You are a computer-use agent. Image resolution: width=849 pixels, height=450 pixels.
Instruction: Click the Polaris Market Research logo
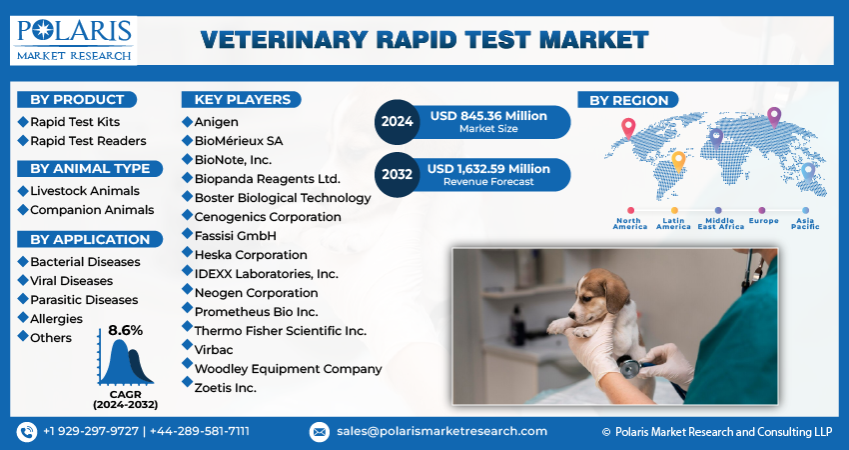click(x=74, y=40)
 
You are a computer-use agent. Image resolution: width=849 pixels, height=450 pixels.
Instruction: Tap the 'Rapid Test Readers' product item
click(x=88, y=141)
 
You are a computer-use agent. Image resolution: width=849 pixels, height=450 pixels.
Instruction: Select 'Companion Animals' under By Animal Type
click(x=92, y=210)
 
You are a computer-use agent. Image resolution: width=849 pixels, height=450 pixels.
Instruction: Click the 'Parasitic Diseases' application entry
click(x=84, y=300)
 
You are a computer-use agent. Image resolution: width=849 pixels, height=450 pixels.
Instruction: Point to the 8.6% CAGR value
click(x=125, y=331)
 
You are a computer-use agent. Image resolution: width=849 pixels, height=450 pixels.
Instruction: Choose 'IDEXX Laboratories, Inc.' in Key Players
click(x=267, y=274)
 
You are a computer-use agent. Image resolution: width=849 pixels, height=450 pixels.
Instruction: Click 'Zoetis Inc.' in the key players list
click(x=226, y=388)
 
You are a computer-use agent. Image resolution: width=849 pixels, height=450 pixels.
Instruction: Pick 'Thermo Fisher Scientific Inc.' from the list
click(x=281, y=331)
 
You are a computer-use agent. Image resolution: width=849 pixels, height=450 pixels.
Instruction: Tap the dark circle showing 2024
click(x=397, y=122)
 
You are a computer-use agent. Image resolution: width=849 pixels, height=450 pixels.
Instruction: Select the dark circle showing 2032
click(x=397, y=175)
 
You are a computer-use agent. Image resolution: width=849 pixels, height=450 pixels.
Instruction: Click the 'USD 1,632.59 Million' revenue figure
click(x=488, y=169)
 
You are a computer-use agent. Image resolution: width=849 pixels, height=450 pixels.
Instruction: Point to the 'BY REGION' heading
click(x=628, y=100)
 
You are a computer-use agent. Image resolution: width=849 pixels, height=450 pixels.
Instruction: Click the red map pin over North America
click(x=628, y=127)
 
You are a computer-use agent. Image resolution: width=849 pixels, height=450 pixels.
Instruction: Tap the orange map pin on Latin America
click(x=678, y=161)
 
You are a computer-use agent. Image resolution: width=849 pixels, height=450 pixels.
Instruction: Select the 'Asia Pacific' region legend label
click(x=805, y=223)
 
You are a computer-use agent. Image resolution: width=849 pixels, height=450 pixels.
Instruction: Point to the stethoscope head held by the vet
click(x=629, y=367)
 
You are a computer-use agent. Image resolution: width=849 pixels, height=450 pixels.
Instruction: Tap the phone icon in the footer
click(x=27, y=432)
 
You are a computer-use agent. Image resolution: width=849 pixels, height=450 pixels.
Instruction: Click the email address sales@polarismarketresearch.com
click(x=441, y=432)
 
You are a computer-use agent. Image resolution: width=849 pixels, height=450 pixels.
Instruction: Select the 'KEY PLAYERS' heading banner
click(x=242, y=100)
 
